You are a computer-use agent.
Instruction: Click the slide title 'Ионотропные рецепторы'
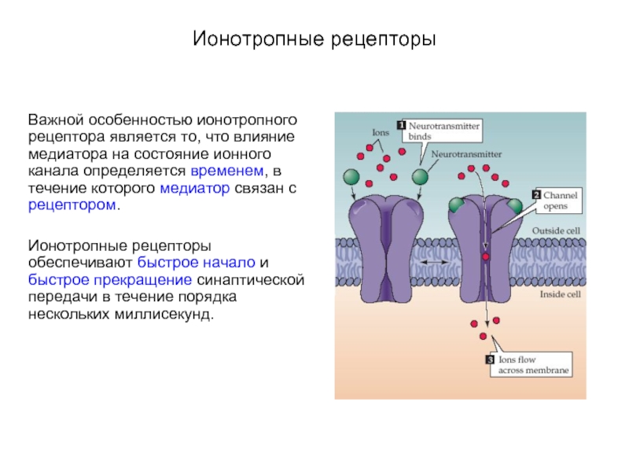[314, 39]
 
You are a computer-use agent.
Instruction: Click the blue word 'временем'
[227, 171]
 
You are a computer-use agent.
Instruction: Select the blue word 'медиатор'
[195, 188]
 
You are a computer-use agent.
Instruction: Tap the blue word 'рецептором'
[72, 205]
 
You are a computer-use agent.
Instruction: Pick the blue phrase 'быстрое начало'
[196, 263]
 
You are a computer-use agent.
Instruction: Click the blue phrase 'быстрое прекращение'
[110, 280]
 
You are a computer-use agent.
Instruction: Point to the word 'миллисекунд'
[162, 314]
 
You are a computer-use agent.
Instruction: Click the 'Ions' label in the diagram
[381, 132]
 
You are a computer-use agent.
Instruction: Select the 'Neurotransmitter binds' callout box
[442, 131]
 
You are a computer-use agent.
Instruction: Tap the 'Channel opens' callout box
[558, 201]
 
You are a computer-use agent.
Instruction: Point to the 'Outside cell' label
[556, 230]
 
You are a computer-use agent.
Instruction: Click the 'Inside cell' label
[560, 294]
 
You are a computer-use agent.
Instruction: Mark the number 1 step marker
[402, 125]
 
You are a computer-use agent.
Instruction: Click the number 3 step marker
[490, 360]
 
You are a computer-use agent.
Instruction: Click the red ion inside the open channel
[486, 257]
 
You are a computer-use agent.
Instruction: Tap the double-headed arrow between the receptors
[434, 262]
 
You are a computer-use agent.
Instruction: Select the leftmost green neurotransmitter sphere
[351, 177]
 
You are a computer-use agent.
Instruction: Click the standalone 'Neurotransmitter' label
[466, 154]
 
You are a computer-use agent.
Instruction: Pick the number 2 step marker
[536, 194]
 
